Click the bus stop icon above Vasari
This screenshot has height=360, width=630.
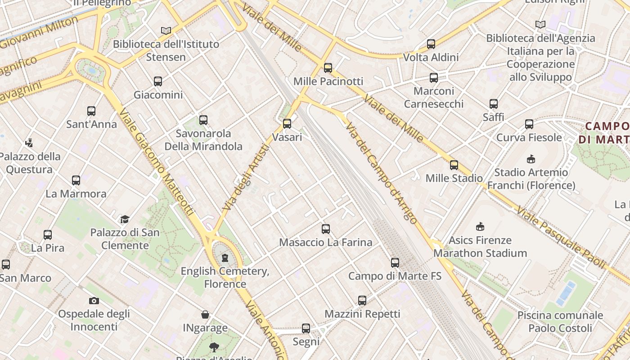coord(287,124)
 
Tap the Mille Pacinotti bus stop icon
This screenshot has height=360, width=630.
coord(328,68)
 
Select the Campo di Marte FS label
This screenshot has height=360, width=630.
coord(395,276)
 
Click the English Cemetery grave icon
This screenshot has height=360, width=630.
coord(225,258)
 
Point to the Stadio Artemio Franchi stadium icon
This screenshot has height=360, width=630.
coord(531,159)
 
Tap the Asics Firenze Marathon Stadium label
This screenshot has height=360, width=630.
coord(480,247)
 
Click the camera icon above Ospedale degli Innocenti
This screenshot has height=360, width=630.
coord(94,301)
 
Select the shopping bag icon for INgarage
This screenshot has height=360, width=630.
coord(205,315)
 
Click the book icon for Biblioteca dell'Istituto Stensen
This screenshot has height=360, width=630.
coord(166,31)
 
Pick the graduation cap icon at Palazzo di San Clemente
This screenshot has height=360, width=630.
coord(125,219)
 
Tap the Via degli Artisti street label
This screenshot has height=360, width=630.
coord(246,177)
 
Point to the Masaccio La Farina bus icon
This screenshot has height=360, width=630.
coord(326,229)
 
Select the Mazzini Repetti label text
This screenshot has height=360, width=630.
coord(362,314)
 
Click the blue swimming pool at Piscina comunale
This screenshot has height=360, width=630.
coord(566,293)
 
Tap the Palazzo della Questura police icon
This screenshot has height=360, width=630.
coord(29,143)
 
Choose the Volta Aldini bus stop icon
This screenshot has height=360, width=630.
coord(431,44)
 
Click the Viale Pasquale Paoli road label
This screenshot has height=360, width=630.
coord(560,237)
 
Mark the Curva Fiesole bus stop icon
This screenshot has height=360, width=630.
coord(529,124)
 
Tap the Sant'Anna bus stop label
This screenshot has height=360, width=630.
coord(91,124)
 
